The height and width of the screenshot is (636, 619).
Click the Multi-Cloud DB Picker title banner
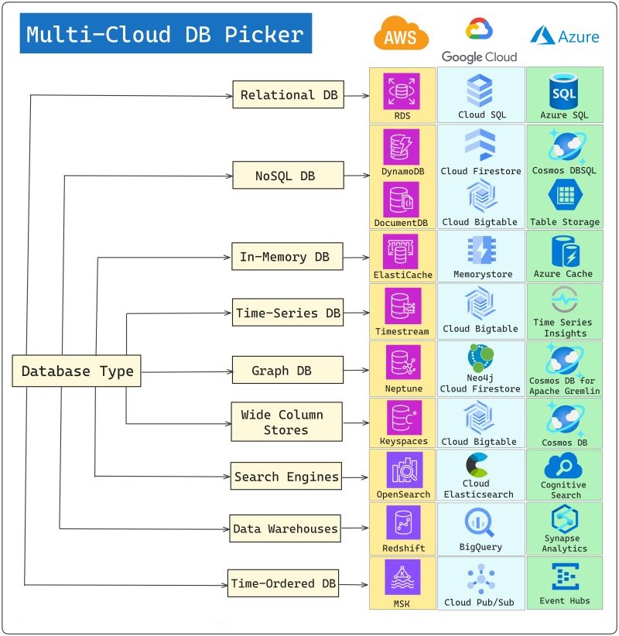click(166, 34)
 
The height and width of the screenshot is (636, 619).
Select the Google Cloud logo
click(479, 40)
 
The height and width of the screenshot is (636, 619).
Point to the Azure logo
click(565, 36)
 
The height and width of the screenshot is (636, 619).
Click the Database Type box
click(77, 371)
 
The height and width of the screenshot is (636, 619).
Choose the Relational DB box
click(277, 95)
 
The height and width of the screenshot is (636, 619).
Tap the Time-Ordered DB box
click(284, 583)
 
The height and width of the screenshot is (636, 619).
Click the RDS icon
click(402, 91)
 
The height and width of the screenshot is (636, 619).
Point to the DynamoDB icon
click(402, 147)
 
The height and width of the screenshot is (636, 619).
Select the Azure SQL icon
click(564, 91)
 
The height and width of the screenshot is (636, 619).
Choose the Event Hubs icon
click(564, 577)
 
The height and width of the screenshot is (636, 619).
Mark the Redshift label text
click(403, 548)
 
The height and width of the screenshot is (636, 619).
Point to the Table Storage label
click(564, 222)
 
